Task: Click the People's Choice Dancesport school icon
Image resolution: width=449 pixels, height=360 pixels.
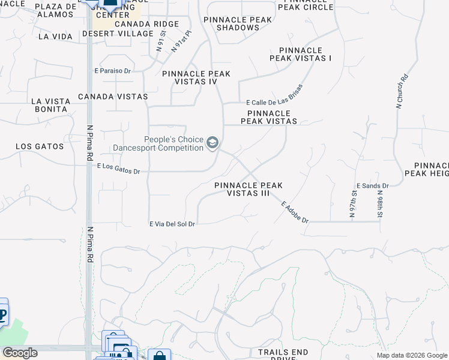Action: click(x=212, y=143)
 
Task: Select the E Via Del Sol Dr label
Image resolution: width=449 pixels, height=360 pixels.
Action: click(x=173, y=224)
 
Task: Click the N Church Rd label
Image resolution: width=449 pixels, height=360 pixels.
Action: click(x=402, y=91)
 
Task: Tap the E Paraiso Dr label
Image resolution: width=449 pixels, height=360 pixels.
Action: click(x=112, y=71)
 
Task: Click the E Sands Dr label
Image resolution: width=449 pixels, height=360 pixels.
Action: click(x=372, y=186)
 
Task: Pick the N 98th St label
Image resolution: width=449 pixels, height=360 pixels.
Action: click(x=380, y=203)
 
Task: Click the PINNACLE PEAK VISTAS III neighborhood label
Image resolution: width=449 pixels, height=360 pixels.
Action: click(x=249, y=190)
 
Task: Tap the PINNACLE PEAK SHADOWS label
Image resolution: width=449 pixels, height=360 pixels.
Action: click(x=238, y=23)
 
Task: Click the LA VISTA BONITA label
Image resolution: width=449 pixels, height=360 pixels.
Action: click(x=50, y=105)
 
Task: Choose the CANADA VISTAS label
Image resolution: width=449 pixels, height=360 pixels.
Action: click(x=113, y=96)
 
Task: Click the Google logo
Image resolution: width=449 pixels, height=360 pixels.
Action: click(x=20, y=353)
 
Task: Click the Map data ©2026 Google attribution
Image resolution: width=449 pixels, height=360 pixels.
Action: click(x=412, y=355)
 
